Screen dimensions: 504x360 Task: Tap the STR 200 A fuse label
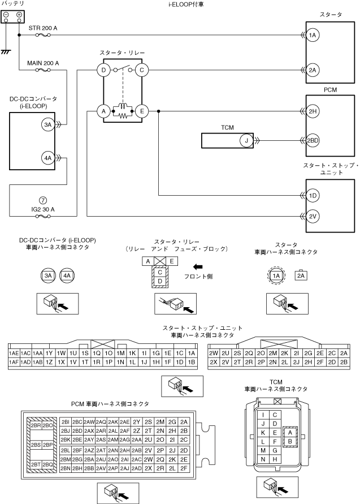43,27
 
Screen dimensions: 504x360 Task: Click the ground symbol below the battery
6,51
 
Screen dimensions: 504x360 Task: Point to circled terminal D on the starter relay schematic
104,70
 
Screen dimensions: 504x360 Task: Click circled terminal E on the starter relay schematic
141,111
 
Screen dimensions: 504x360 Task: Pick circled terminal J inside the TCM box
246,140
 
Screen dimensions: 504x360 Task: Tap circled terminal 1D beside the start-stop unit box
313,196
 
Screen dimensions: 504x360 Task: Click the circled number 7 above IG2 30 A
43,200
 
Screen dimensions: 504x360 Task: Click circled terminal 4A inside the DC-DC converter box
47,159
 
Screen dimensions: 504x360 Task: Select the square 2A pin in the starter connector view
302,275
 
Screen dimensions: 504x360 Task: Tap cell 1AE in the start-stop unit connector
14,353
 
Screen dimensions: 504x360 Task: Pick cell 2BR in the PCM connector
36,425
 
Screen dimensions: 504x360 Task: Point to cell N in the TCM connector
263,459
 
